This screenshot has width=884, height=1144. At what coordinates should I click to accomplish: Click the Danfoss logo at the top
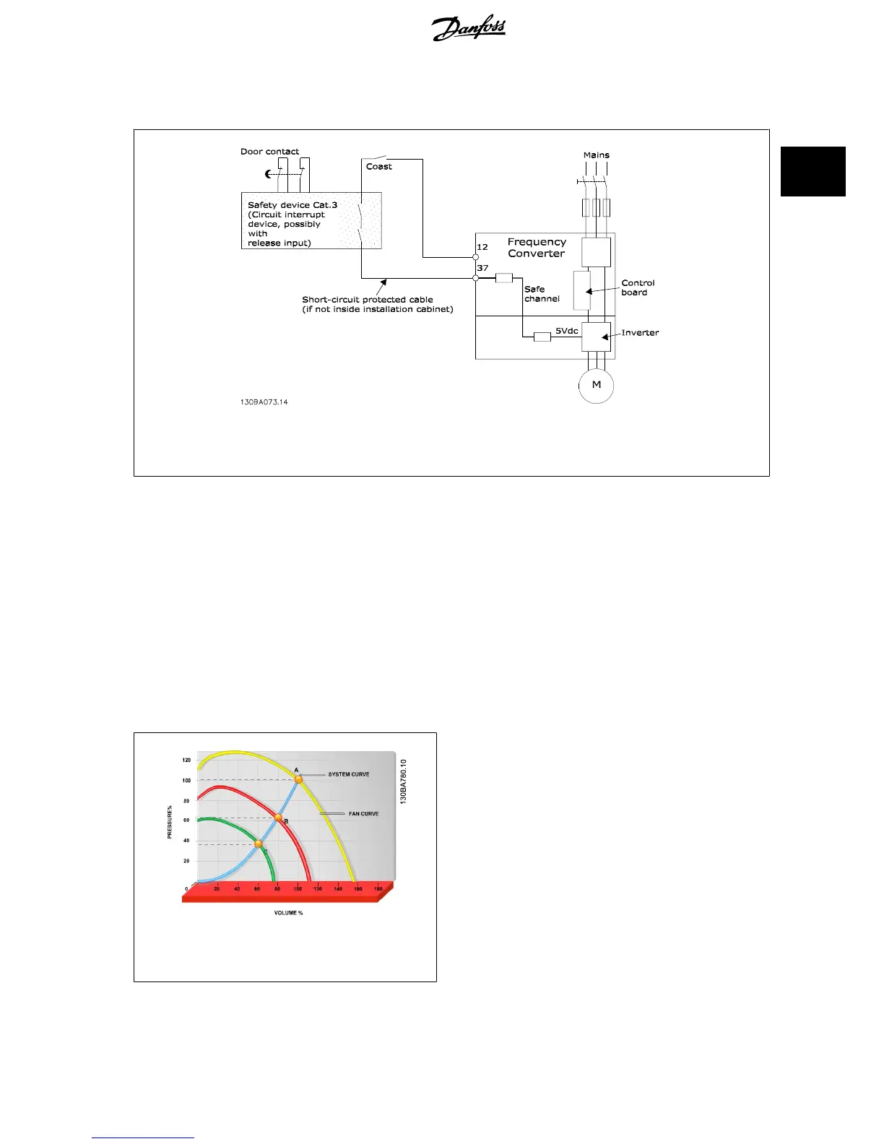pos(469,28)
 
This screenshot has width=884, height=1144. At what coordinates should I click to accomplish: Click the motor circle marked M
pos(596,385)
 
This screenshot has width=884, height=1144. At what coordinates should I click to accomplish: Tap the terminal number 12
pos(482,247)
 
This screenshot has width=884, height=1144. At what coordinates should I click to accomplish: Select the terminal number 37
pos(482,268)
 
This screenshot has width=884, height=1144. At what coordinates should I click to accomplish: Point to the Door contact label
pos(269,152)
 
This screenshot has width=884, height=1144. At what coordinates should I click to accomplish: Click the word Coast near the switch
pos(378,167)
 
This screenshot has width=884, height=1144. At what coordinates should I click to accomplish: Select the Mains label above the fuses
pos(596,155)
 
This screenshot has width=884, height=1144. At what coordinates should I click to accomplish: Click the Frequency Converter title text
pos(537,248)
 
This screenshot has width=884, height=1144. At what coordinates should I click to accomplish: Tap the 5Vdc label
pos(566,331)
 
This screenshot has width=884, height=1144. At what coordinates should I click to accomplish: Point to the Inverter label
pos(640,333)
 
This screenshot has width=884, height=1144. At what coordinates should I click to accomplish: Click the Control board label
pos(638,287)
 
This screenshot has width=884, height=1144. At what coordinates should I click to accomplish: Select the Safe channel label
pos(542,294)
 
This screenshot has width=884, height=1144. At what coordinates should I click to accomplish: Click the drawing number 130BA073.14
pos(264,402)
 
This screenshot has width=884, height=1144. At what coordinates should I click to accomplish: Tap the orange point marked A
pos(298,779)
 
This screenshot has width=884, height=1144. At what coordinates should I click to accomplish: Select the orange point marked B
pos(278,818)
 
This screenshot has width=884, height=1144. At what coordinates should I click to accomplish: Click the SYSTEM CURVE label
pos(349,774)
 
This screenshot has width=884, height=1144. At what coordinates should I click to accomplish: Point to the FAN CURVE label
pos(363,814)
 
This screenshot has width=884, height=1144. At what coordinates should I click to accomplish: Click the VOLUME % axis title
pos(288,913)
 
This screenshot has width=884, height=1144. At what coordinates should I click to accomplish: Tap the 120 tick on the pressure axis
pos(186,760)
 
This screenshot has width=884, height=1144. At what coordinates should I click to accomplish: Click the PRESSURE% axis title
pos(170,822)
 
